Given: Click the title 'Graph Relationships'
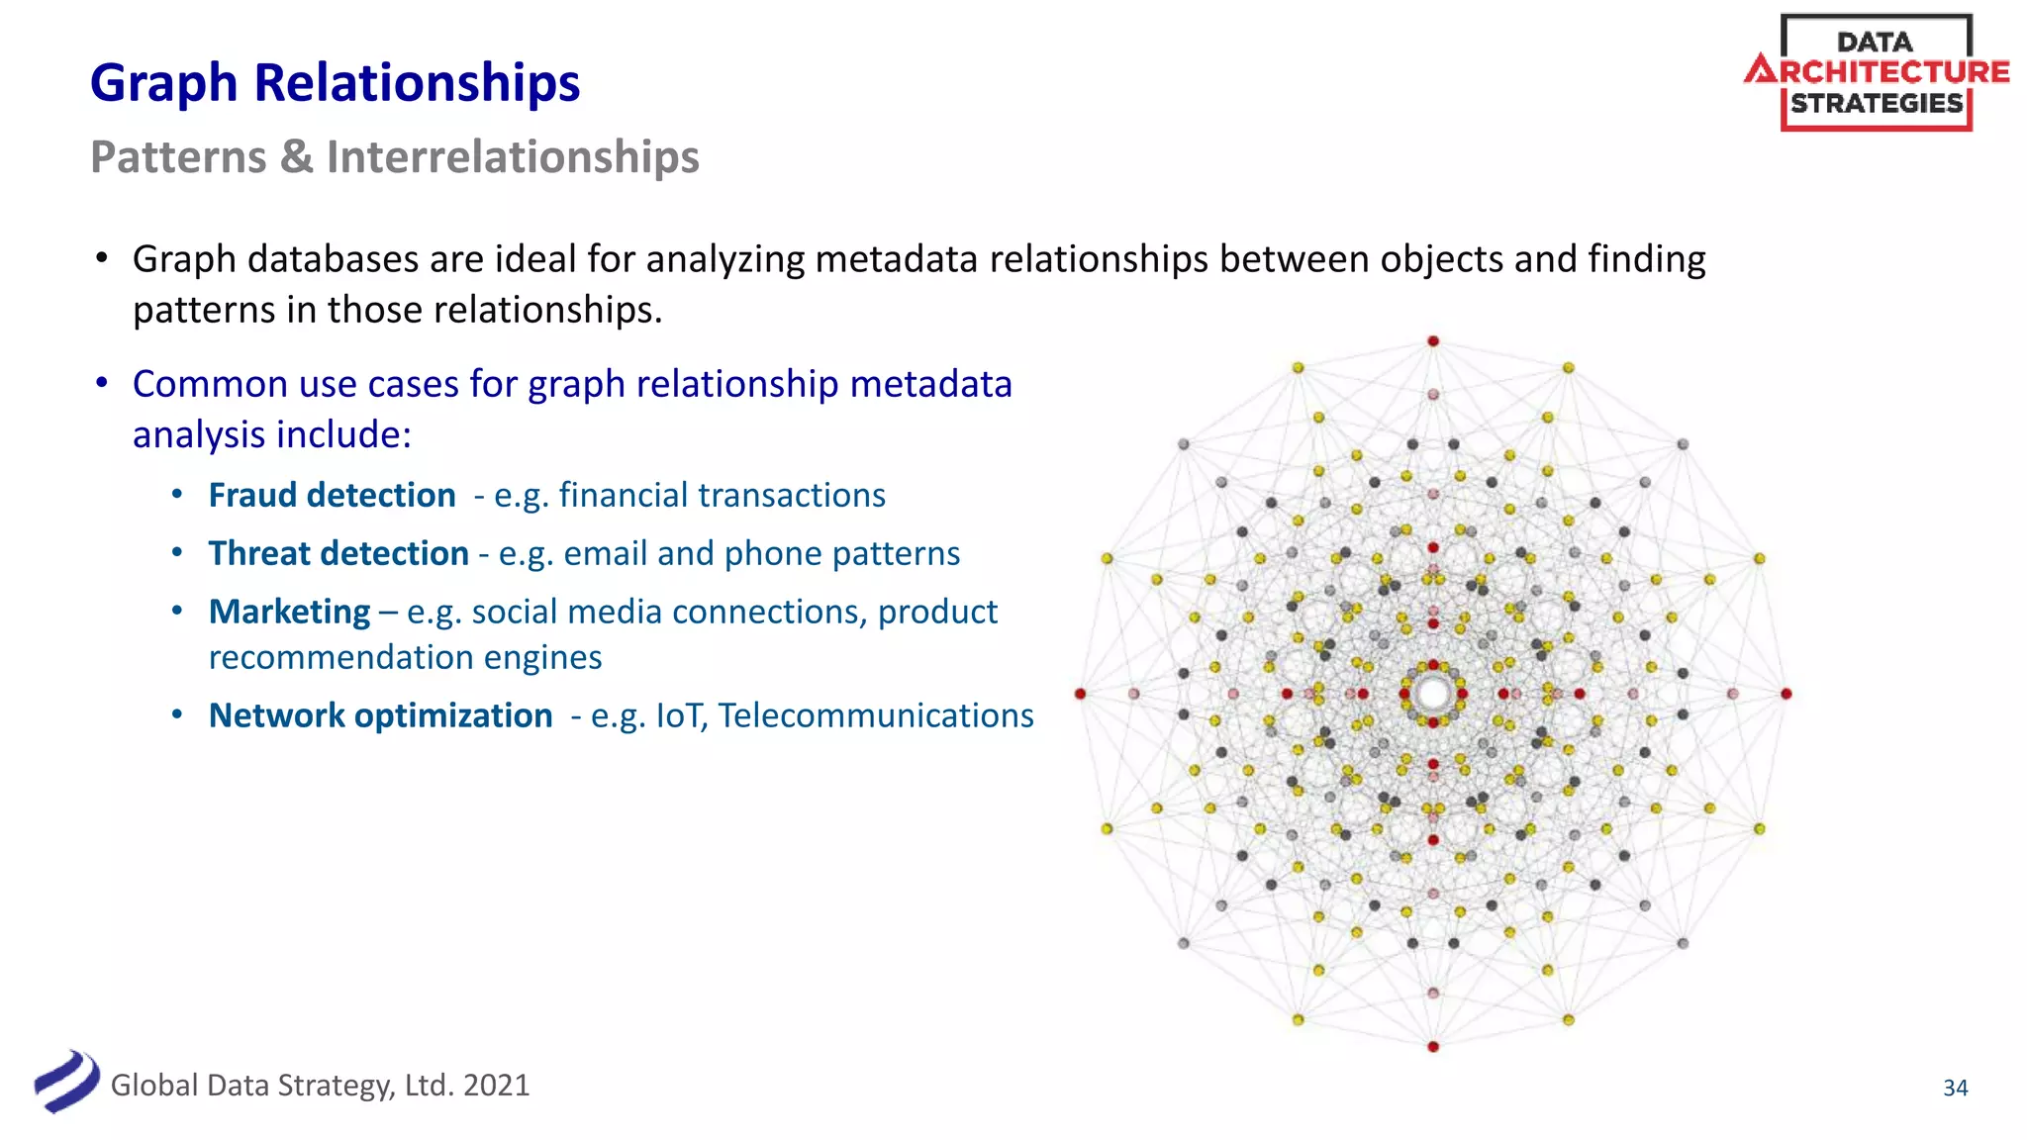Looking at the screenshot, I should pos(335,83).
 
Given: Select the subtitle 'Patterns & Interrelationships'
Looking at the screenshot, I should pos(394,157).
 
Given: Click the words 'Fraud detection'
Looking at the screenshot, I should pos(332,495).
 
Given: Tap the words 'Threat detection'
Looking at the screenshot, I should pos(338,553).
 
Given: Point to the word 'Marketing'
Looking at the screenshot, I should pos(289,612).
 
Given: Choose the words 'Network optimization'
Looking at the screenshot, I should pos(380,715).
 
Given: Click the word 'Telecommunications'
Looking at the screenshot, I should pos(876,715).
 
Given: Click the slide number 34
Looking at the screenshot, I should pos(1955,1088).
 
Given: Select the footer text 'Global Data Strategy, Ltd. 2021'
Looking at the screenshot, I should pos(320,1086).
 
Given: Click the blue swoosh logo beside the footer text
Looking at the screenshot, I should pos(66,1082).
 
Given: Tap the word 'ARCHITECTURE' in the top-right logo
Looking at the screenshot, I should pos(1877,72).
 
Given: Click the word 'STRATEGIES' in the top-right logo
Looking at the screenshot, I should pos(1877,104).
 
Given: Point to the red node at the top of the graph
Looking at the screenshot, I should pos(1432,341).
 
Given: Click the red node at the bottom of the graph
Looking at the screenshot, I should pos(1432,1046).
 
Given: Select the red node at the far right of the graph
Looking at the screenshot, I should pos(1786,694).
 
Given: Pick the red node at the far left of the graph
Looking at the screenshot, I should pos(1080,694).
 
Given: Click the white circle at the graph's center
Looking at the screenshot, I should pos(1432,694).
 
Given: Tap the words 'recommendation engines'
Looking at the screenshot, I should pos(405,657).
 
